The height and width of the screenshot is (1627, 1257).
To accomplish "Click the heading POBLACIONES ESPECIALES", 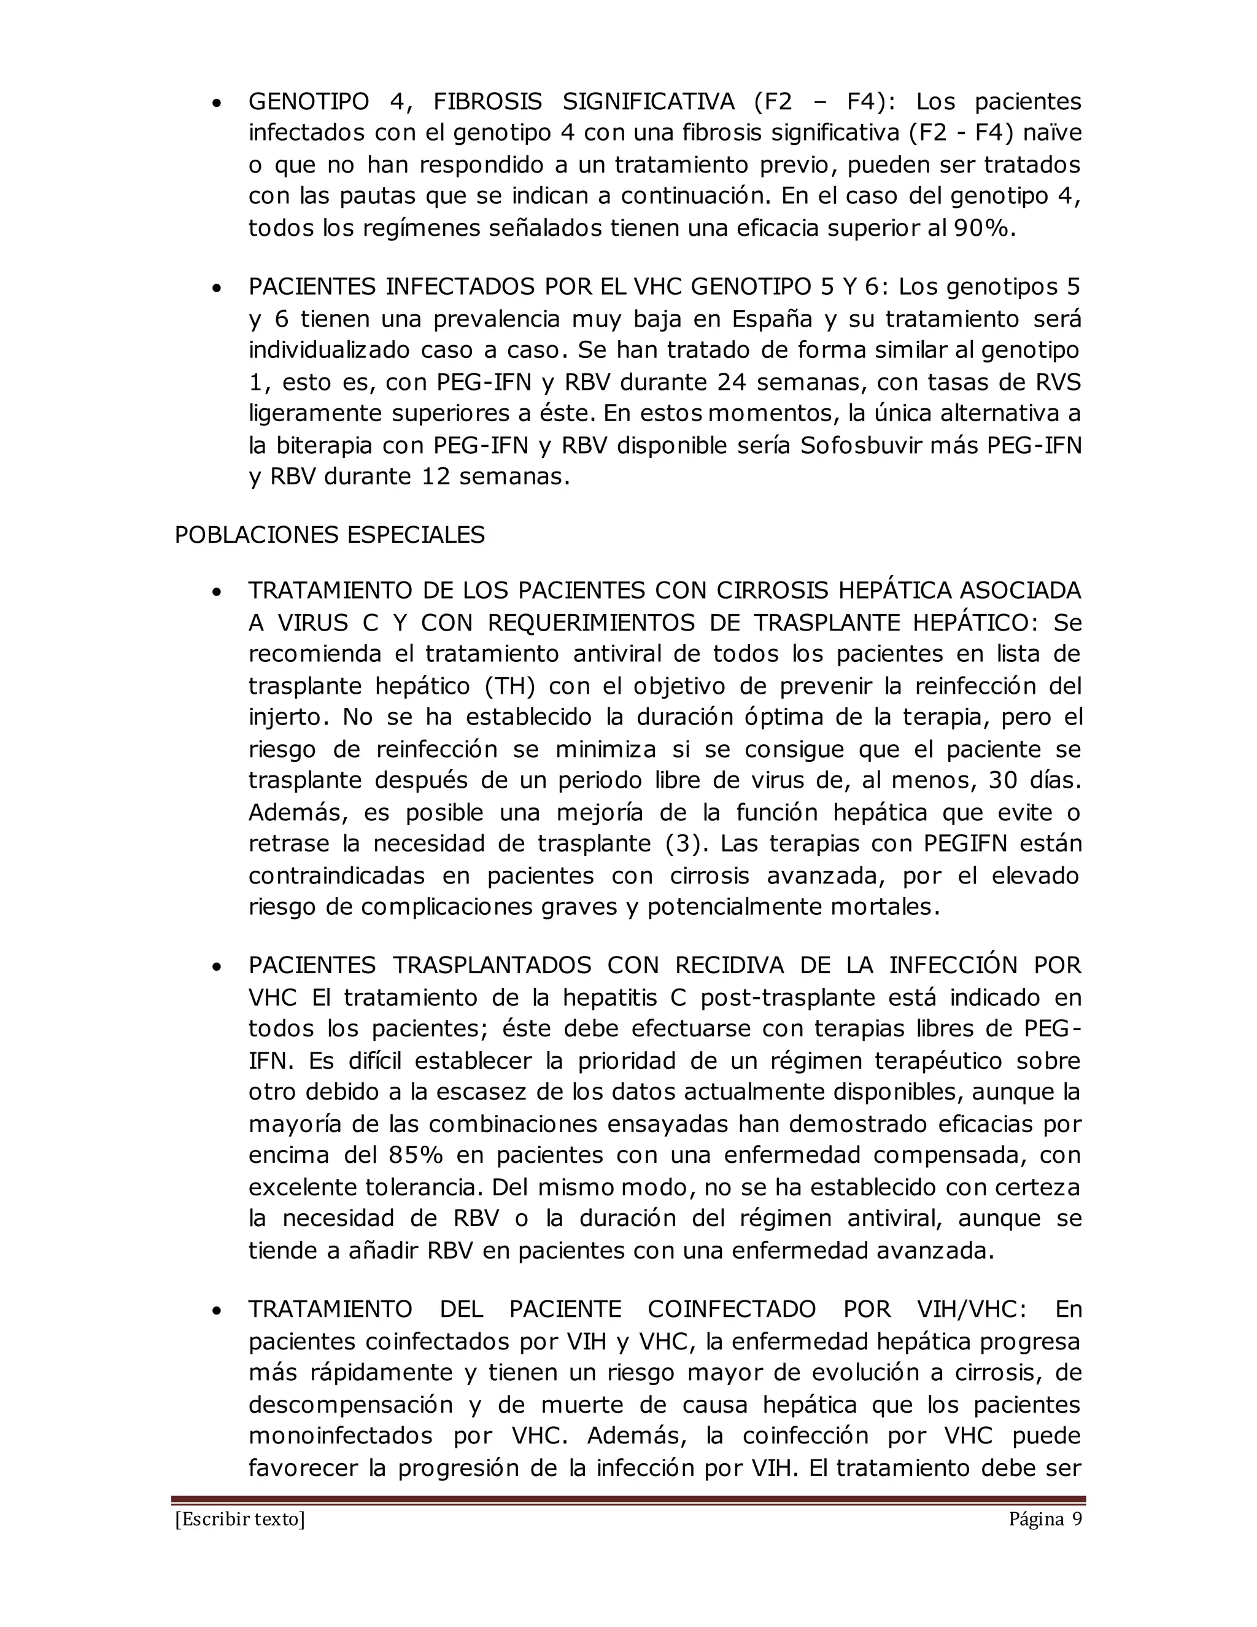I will [329, 535].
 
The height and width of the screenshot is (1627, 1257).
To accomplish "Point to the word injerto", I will [287, 717].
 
